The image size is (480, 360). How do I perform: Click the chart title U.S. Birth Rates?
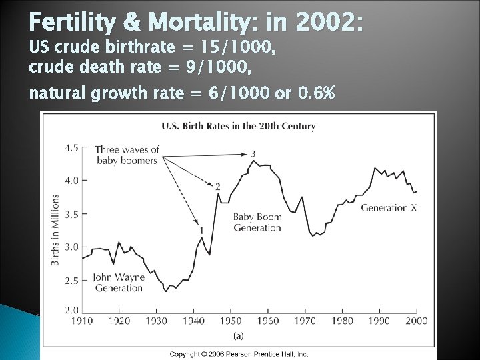point(239,126)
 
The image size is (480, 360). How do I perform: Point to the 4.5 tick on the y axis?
point(71,147)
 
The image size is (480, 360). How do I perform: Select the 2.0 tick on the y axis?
point(71,310)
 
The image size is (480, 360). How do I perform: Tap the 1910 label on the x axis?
point(83,321)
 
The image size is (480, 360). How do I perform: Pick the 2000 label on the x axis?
point(417,321)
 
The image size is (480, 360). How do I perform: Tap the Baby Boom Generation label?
point(257,222)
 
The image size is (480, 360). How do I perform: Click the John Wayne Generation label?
point(117,283)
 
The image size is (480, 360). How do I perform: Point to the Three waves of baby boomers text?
point(127,155)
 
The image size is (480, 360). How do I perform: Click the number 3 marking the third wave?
point(253,154)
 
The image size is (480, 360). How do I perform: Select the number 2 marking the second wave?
point(218,187)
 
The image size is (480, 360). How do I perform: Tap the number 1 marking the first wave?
point(201,230)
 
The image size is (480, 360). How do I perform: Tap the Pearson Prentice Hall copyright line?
point(239,354)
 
